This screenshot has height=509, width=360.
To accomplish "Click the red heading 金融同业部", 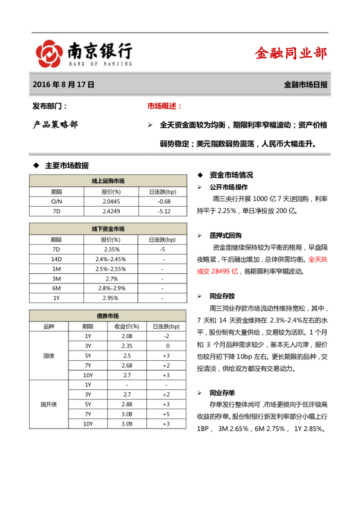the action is click(x=291, y=54).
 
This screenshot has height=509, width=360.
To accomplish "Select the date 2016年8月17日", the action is click(x=63, y=85).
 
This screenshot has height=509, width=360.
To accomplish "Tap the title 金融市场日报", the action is click(x=306, y=85).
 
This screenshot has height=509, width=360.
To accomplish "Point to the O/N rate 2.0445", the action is click(x=111, y=201).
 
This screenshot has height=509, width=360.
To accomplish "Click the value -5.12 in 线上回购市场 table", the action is click(x=163, y=211).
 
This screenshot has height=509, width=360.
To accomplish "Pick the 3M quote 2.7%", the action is click(x=111, y=279).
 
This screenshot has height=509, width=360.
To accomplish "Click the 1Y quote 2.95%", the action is click(x=111, y=298).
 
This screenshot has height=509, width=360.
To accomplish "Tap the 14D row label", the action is click(x=56, y=259).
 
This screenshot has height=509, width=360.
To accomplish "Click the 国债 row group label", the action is click(x=49, y=355).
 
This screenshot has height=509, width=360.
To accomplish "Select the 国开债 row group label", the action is click(x=49, y=404).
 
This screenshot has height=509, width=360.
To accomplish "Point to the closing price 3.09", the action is click(x=126, y=424).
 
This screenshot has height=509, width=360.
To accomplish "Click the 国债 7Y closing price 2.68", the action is click(x=126, y=365).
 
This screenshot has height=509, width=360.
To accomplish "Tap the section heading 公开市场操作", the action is click(x=228, y=187).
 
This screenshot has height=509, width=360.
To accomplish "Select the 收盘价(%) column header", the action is click(x=126, y=326).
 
